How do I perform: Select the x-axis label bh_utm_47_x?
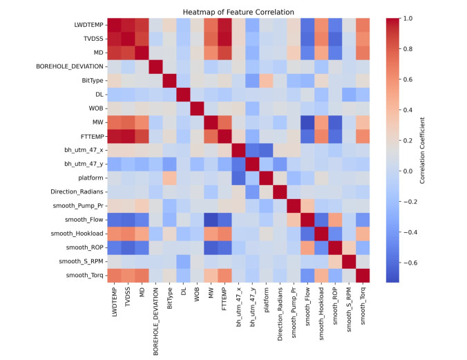tap(238, 306)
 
